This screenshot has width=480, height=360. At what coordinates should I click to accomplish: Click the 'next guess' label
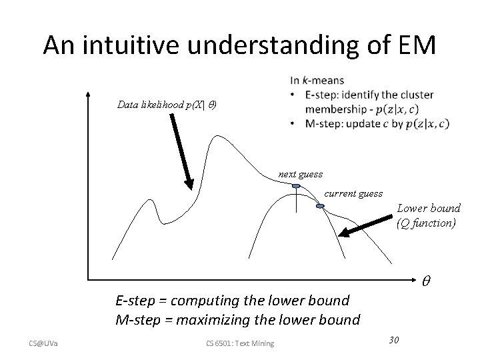click(x=300, y=174)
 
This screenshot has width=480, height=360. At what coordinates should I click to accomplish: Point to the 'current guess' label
click(x=353, y=193)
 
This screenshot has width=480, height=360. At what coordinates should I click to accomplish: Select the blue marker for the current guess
click(x=320, y=207)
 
